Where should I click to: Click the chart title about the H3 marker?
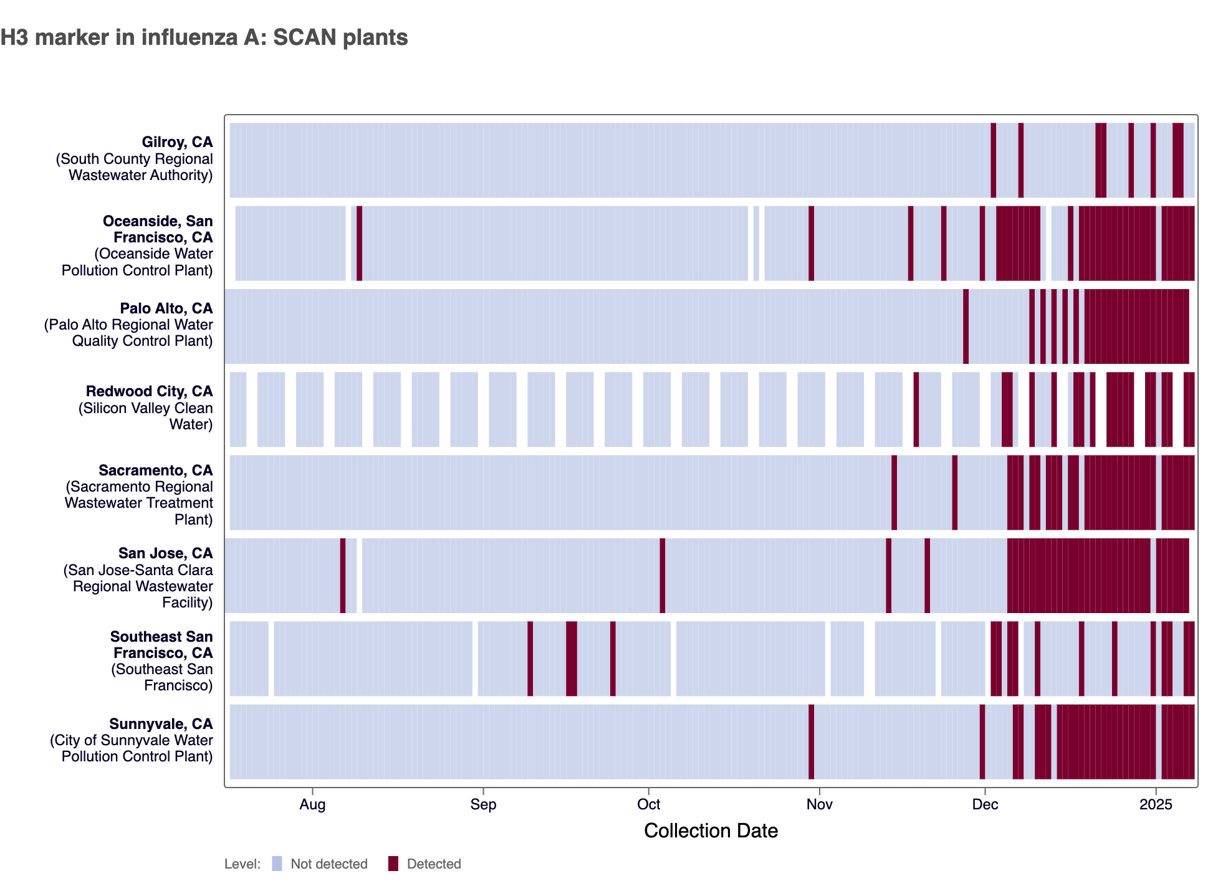tap(204, 37)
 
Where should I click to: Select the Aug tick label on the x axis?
tap(312, 804)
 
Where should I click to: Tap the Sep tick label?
tap(483, 804)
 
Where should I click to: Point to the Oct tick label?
tap(648, 804)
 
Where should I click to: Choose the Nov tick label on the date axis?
tap(819, 804)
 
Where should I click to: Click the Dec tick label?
tap(985, 804)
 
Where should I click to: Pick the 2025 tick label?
tap(1156, 804)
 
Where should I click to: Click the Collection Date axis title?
tap(711, 831)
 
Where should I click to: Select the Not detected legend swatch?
tap(277, 864)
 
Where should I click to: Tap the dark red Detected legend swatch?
tap(393, 864)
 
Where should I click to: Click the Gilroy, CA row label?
tap(177, 142)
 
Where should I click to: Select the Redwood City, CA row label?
tap(149, 391)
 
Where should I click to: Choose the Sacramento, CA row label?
tap(155, 470)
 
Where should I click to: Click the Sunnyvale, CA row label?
tap(161, 724)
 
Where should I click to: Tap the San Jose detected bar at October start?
tap(663, 576)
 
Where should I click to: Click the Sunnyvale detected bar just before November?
tap(811, 741)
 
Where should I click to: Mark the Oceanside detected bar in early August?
tap(359, 243)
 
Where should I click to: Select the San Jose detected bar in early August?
tap(343, 576)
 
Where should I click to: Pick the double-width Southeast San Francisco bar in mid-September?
tap(571, 659)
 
